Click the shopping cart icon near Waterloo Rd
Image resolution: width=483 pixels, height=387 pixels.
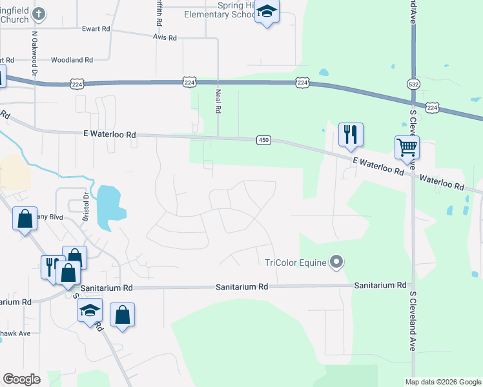(x=407, y=147)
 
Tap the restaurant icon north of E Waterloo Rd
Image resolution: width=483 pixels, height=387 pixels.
(x=351, y=134)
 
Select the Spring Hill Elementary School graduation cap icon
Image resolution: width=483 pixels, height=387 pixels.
(x=267, y=11)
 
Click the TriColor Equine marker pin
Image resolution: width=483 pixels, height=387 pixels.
(x=336, y=262)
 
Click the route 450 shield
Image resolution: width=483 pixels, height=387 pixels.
(x=263, y=141)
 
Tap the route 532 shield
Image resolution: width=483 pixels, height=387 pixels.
(x=413, y=84)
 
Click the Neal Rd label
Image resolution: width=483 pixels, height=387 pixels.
(x=218, y=101)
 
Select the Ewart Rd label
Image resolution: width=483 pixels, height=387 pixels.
(x=96, y=29)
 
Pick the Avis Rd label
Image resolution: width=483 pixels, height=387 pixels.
(x=165, y=38)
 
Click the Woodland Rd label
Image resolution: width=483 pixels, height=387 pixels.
(x=72, y=60)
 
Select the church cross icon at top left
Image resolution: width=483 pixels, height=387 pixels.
(x=39, y=13)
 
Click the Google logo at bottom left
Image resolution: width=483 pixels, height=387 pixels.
(x=22, y=379)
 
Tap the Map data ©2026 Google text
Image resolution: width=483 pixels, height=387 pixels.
(x=443, y=382)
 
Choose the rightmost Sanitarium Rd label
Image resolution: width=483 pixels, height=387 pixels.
(x=380, y=284)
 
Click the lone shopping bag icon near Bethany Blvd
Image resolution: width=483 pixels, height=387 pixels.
(x=25, y=219)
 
